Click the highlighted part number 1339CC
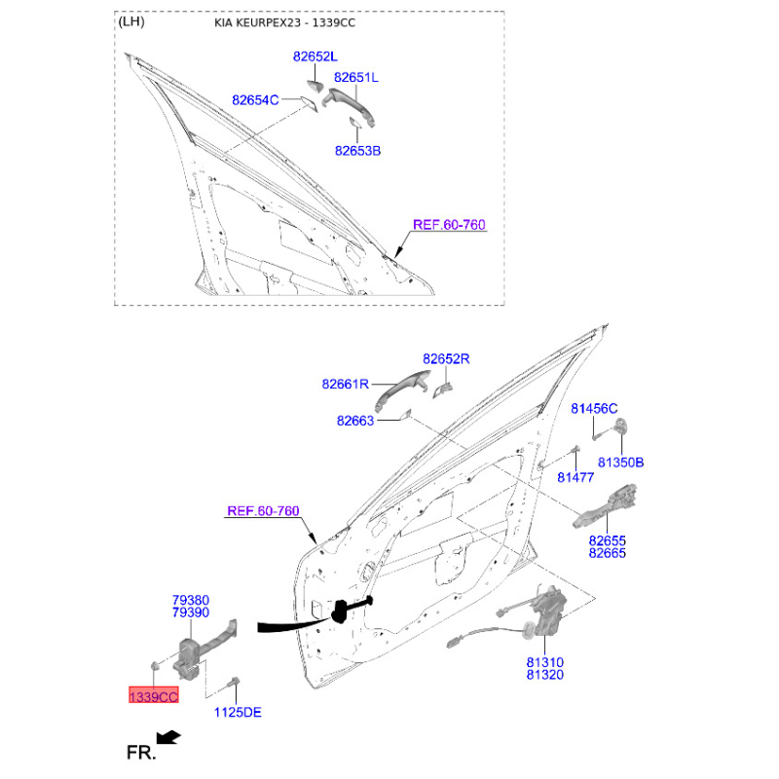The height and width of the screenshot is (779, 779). pyautogui.click(x=154, y=696)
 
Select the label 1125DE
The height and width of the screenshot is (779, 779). pyautogui.click(x=238, y=712)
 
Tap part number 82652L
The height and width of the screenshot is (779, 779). pyautogui.click(x=315, y=56)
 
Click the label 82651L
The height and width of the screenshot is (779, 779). pyautogui.click(x=355, y=78)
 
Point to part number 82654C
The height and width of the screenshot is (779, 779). pyautogui.click(x=255, y=100)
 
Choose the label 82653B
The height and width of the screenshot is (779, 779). pyautogui.click(x=357, y=151)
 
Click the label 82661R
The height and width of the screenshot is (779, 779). pyautogui.click(x=346, y=384)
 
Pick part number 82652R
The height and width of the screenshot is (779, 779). pyautogui.click(x=446, y=358)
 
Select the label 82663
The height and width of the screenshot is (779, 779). pyautogui.click(x=355, y=421)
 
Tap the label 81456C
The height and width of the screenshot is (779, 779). pyautogui.click(x=594, y=408)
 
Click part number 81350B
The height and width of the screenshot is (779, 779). pyautogui.click(x=620, y=463)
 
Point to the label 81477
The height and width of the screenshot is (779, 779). pyautogui.click(x=575, y=477)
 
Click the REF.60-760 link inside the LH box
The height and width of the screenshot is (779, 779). pyautogui.click(x=449, y=225)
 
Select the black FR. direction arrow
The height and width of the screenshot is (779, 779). pyautogui.click(x=168, y=737)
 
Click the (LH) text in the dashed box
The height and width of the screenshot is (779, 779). pyautogui.click(x=131, y=21)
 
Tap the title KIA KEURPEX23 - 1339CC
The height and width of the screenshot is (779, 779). pyautogui.click(x=284, y=22)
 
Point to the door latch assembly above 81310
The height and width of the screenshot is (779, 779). pyautogui.click(x=546, y=612)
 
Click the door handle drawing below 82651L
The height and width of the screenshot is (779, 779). pyautogui.click(x=350, y=105)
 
